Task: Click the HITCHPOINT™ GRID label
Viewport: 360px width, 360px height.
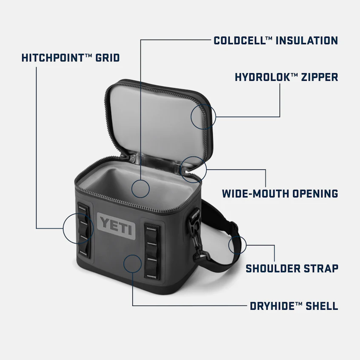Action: pyautogui.click(x=70, y=57)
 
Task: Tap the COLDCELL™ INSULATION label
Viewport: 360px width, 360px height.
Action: pyautogui.click(x=275, y=41)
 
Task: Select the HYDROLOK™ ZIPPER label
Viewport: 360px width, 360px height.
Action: pyautogui.click(x=286, y=77)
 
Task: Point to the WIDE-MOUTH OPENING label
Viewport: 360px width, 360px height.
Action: pyautogui.click(x=280, y=194)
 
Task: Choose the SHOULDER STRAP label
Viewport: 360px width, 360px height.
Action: pyautogui.click(x=292, y=269)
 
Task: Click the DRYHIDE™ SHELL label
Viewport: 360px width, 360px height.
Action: pyautogui.click(x=294, y=306)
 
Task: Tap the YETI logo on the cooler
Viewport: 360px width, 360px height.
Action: pyautogui.click(x=116, y=224)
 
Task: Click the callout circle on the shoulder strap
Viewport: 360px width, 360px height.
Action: pyautogui.click(x=237, y=245)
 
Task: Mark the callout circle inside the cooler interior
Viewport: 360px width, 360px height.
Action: pyautogui.click(x=140, y=188)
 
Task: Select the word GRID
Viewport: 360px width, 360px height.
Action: pyautogui.click(x=107, y=57)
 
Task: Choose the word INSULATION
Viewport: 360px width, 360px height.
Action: pyautogui.click(x=307, y=41)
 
